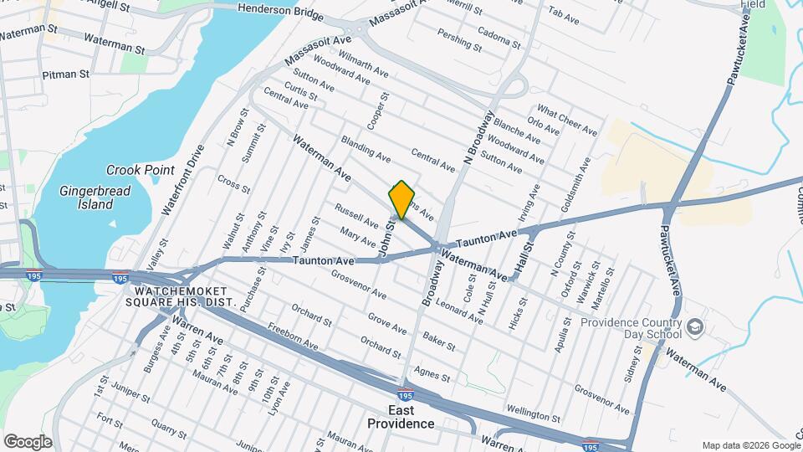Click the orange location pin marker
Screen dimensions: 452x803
pyautogui.click(x=401, y=199)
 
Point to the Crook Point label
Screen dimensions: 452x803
pyautogui.click(x=135, y=170)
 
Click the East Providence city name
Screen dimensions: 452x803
pyautogui.click(x=401, y=416)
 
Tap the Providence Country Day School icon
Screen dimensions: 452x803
pyautogui.click(x=693, y=325)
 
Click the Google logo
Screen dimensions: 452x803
pyautogui.click(x=28, y=441)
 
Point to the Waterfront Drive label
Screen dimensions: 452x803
pyautogui.click(x=184, y=180)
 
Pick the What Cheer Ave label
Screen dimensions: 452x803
pyautogui.click(x=567, y=121)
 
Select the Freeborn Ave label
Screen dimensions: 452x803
pyautogui.click(x=294, y=336)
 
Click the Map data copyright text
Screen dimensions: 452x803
pyautogui.click(x=749, y=445)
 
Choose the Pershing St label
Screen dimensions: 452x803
pyautogui.click(x=460, y=39)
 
